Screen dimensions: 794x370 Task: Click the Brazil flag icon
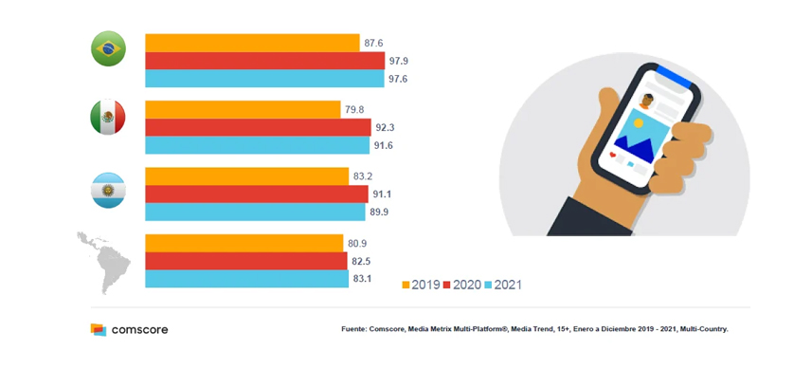(x=108, y=48)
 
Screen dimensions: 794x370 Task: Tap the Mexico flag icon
(x=108, y=117)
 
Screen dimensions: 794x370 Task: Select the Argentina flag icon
(x=108, y=190)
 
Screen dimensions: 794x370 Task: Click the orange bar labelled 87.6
(x=253, y=43)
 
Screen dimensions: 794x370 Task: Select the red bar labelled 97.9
(x=265, y=61)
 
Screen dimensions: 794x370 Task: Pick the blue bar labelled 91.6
(x=257, y=145)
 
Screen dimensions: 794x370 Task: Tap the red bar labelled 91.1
(x=257, y=194)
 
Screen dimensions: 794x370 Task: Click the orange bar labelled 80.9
(x=244, y=243)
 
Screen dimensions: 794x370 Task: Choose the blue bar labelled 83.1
(x=247, y=279)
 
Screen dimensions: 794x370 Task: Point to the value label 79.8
(x=354, y=109)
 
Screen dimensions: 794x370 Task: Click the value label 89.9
(x=380, y=213)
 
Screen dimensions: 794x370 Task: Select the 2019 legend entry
(x=421, y=285)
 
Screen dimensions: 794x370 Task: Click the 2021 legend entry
(x=503, y=285)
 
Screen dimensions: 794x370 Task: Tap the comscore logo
(x=129, y=330)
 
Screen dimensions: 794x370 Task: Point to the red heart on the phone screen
(x=613, y=155)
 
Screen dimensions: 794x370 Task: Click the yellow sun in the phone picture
(x=638, y=122)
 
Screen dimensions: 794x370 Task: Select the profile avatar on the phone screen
(x=646, y=101)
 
